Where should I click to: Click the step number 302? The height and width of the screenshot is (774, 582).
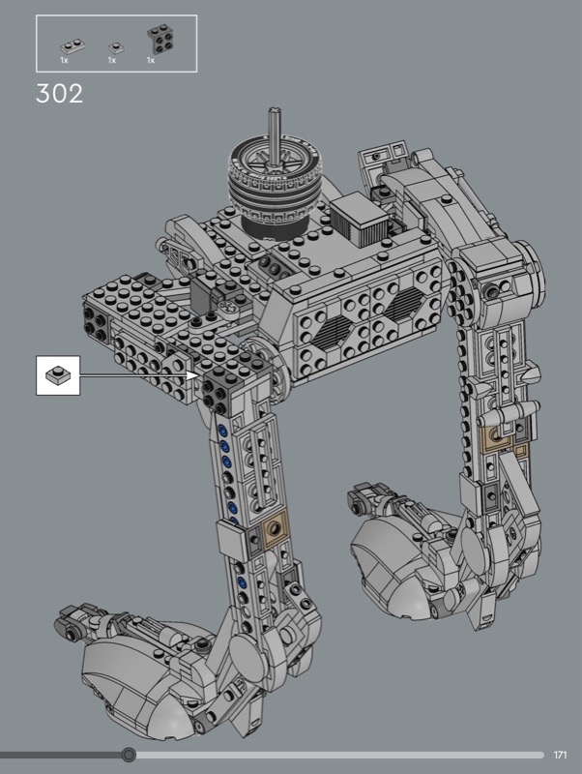tap(60, 94)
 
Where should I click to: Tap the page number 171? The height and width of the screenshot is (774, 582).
tap(561, 755)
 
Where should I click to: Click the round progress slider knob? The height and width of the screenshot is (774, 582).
tap(129, 755)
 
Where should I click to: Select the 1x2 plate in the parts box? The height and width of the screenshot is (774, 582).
tap(73, 45)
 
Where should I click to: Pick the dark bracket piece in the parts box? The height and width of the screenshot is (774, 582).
tap(160, 39)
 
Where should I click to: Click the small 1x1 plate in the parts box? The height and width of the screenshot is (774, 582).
tap(116, 47)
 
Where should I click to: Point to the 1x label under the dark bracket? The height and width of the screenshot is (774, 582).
tap(151, 60)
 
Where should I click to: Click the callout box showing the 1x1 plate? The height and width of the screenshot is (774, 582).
tap(58, 375)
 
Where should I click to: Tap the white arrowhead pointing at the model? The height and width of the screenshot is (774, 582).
tap(192, 375)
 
